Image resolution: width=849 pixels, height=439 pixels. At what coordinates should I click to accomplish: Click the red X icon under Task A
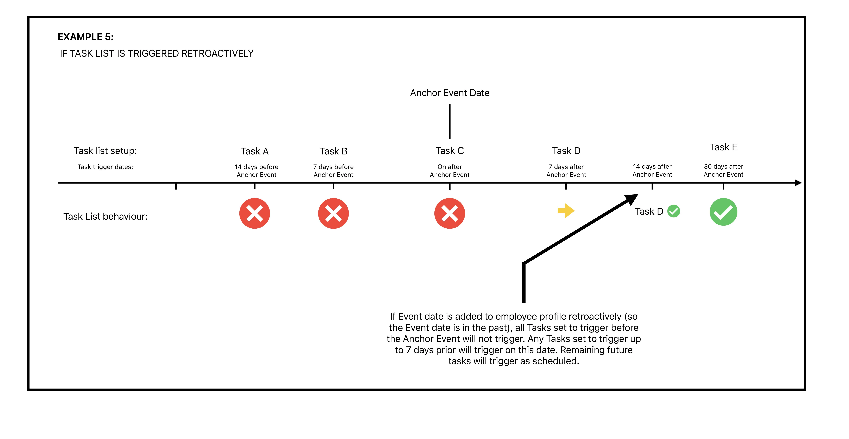pyautogui.click(x=254, y=213)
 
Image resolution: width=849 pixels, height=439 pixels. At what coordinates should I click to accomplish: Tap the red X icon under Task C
pyautogui.click(x=450, y=213)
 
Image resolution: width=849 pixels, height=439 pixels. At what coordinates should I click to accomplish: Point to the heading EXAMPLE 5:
pyautogui.click(x=85, y=37)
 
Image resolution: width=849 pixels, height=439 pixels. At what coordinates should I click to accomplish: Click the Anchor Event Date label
pyautogui.click(x=450, y=93)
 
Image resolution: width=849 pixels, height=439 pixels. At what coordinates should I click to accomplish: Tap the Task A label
pyautogui.click(x=254, y=151)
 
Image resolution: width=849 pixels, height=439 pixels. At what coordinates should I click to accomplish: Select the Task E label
pyautogui.click(x=723, y=147)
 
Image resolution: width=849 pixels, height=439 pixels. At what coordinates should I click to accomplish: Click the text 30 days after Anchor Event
pyautogui.click(x=723, y=170)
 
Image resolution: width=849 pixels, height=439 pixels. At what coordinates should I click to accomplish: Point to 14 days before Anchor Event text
pyautogui.click(x=256, y=171)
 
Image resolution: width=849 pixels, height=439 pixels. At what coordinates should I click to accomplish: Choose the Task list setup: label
pyautogui.click(x=105, y=151)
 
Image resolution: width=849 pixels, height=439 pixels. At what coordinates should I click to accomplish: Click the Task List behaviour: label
pyautogui.click(x=105, y=217)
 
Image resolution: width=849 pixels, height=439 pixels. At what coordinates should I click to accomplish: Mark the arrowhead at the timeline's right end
pyautogui.click(x=798, y=183)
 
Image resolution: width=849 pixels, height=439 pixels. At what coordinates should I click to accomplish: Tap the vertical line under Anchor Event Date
pyautogui.click(x=450, y=121)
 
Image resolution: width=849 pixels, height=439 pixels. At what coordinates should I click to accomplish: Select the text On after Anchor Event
pyautogui.click(x=450, y=171)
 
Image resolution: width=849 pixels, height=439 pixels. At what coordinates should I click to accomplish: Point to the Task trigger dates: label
pyautogui.click(x=105, y=167)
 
